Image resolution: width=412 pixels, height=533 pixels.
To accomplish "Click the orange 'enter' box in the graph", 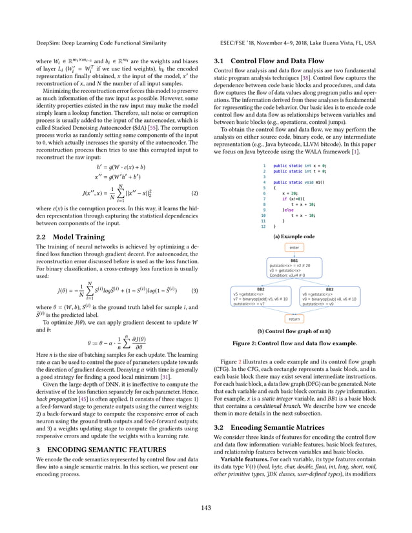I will click(294, 247).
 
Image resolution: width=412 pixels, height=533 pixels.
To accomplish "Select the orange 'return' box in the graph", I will click(294, 318).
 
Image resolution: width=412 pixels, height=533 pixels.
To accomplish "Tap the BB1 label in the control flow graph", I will click(294, 260).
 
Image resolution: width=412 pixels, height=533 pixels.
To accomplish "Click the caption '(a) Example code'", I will click(294, 237).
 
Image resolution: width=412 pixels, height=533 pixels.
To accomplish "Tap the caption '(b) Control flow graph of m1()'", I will click(294, 330).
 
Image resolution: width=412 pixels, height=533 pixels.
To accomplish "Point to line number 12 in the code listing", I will click(263, 227).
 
